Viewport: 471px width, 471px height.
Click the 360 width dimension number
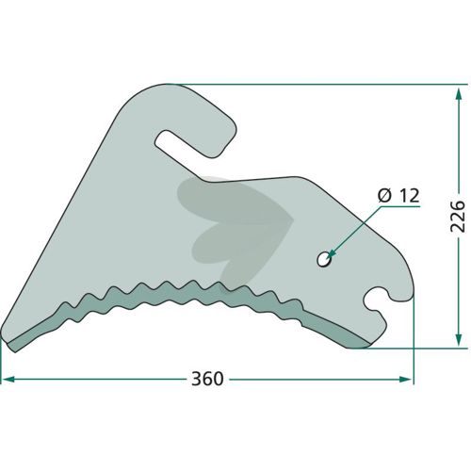tap(207, 379)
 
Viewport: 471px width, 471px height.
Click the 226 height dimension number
tap(458, 217)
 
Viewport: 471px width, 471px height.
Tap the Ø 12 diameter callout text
tap(398, 196)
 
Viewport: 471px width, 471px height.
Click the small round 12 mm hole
tap(323, 259)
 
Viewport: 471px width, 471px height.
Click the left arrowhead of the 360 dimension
tap(8, 379)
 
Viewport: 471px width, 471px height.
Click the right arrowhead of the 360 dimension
tap(405, 379)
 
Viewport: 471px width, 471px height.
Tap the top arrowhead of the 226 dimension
tap(459, 94)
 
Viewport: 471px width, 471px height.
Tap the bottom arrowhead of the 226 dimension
tap(459, 340)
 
